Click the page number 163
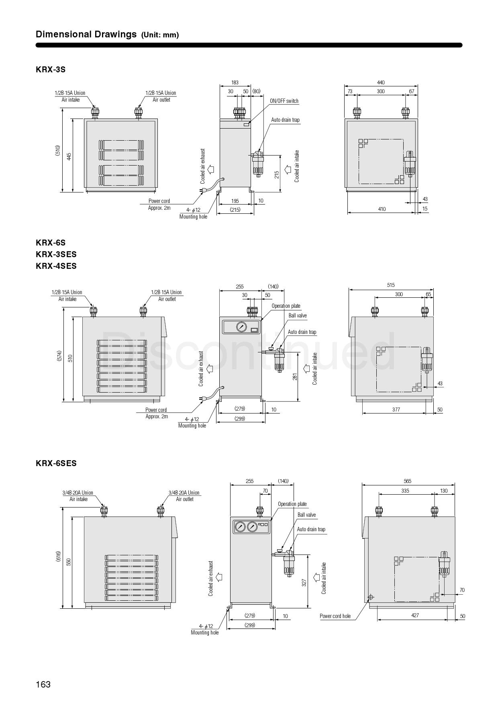pos(43,684)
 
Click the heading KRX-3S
pos(51,70)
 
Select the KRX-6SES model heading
pos(56,463)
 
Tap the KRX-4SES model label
pos(56,266)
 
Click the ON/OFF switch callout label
pos(284,101)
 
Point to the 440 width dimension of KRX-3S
pos(381,82)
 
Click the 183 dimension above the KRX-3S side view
pos(235,82)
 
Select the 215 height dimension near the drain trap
pos(277,175)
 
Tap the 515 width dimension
pos(391,285)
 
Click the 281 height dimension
pos(295,377)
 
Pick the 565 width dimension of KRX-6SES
pos(408,481)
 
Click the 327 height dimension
pos(304,582)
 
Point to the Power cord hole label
pos(335,616)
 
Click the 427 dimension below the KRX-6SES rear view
pos(415,615)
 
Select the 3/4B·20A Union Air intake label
pos(78,496)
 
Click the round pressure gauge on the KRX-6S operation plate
pos(242,327)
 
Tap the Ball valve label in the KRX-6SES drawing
pos(307,515)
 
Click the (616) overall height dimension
pos(58,556)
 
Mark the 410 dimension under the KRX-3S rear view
pos(382,209)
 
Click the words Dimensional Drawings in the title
pos(86,34)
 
